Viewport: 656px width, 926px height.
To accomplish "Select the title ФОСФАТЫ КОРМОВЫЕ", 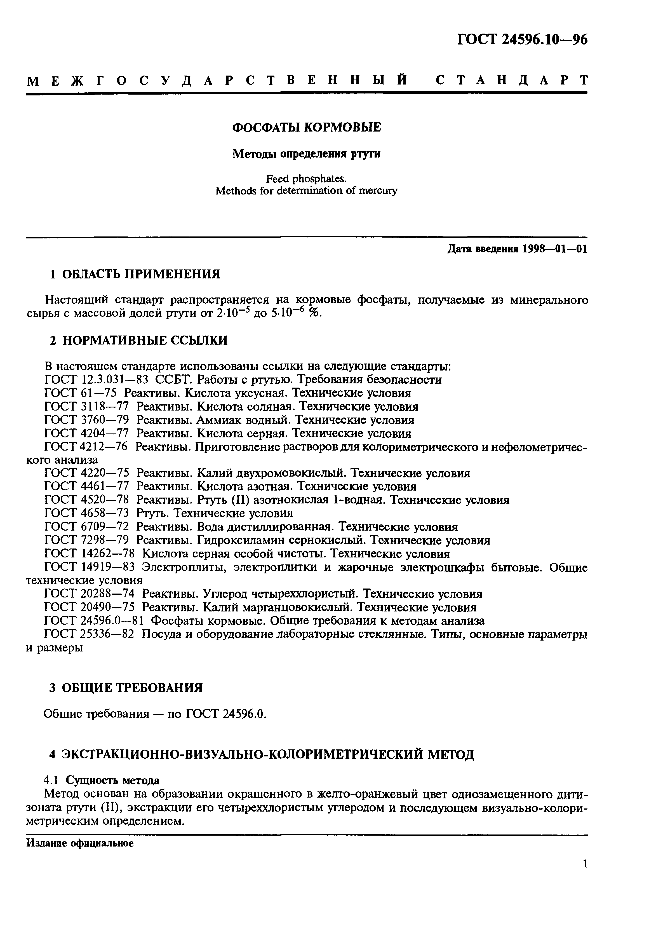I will [x=307, y=128].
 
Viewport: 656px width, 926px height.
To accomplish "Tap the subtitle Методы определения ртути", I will [x=307, y=154].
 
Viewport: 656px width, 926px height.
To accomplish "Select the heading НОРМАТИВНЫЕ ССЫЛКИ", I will [x=145, y=340].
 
